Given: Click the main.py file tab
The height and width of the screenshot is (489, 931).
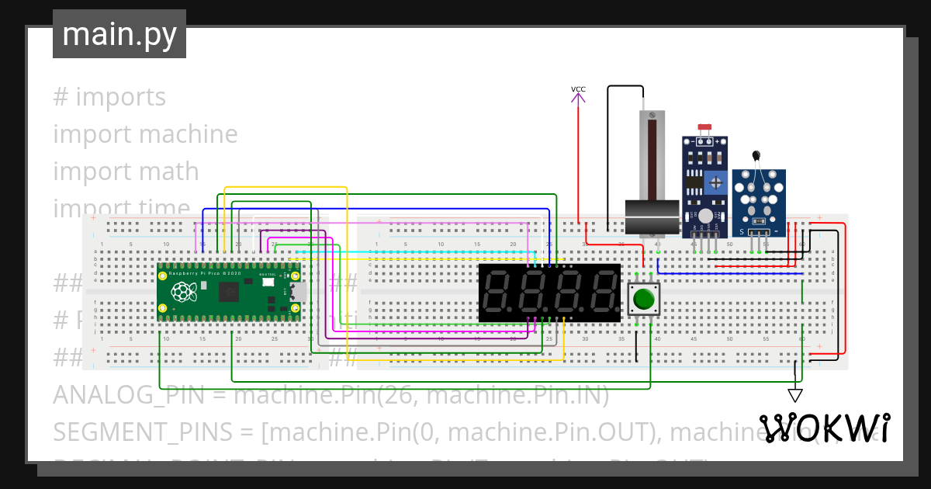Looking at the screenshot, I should point(119,34).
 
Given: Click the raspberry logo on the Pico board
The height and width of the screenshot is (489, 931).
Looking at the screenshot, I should point(183,292).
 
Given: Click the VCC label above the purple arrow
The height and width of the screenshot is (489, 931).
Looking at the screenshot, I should point(578,89).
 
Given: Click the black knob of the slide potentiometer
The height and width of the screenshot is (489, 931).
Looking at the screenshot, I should point(652,217).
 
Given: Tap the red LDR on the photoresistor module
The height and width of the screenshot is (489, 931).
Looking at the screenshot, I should point(704,127).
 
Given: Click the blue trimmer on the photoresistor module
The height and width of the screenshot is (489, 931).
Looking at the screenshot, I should point(718,185).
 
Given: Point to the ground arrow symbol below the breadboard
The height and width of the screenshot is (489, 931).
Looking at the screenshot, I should point(795,395).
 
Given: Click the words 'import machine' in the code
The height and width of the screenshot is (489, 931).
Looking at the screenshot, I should point(145,134).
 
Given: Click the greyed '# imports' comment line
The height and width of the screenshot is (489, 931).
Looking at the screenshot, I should point(109,97).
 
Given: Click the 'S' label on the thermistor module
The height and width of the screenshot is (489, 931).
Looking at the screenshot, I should point(742,231).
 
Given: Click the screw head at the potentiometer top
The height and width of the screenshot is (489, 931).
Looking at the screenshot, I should point(652,116).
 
